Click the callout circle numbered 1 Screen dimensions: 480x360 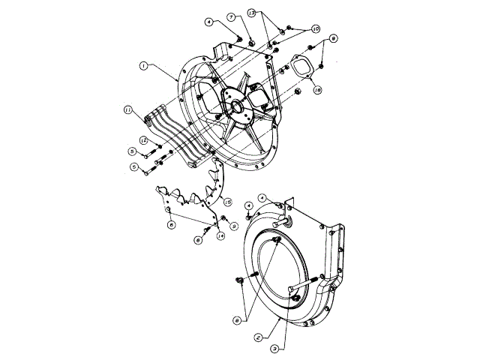tap(142, 66)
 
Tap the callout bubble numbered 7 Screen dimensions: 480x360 tap(232, 16)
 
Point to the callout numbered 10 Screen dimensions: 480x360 tap(316, 28)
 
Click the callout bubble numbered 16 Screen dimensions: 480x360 tap(317, 90)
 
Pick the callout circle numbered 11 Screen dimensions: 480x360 tap(129, 111)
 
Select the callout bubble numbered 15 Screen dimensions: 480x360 tap(227, 201)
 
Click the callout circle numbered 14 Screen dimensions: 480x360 tap(220, 235)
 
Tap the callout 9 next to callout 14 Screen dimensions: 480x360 tap(234, 225)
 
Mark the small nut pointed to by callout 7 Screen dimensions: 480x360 tap(251, 41)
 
